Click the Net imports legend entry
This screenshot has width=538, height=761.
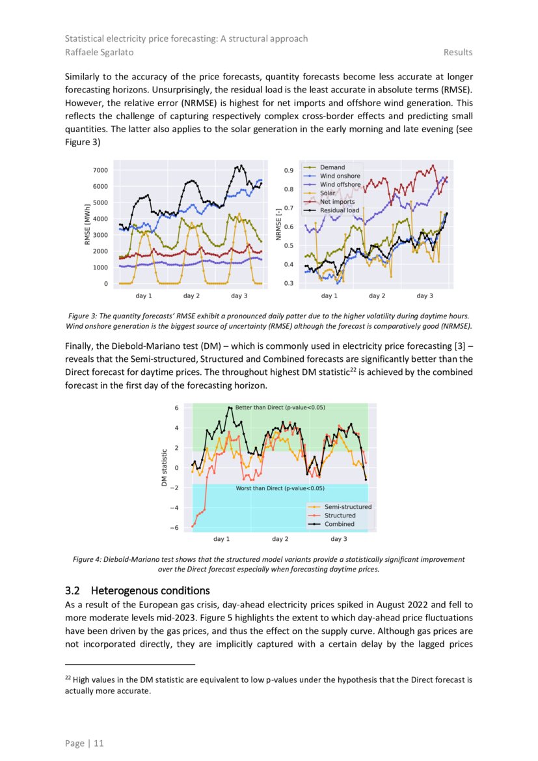click(337, 202)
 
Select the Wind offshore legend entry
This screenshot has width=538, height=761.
click(340, 184)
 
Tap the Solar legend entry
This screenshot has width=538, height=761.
click(328, 193)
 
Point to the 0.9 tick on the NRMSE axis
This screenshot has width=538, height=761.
click(289, 171)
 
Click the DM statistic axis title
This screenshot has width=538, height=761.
click(165, 467)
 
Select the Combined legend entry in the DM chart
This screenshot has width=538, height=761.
click(340, 524)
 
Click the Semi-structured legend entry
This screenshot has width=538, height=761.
click(348, 506)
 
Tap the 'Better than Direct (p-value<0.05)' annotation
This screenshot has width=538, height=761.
click(280, 408)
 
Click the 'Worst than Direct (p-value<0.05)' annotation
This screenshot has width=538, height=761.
click(280, 488)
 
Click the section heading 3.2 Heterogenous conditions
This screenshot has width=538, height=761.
click(137, 591)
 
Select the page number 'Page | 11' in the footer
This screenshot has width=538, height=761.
click(84, 743)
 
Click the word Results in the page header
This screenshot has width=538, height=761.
click(458, 52)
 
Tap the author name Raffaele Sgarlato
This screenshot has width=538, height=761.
click(96, 52)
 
